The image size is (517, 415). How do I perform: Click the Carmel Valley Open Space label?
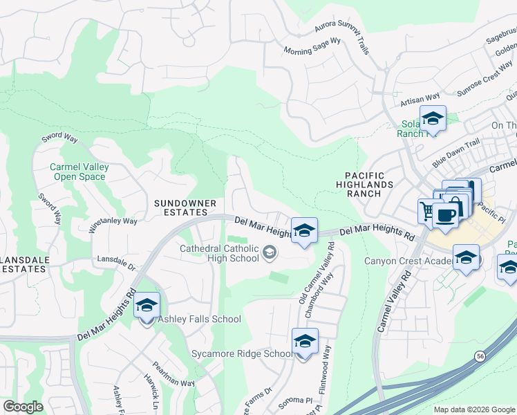tap(77, 172)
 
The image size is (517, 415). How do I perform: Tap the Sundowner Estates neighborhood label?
tap(185, 208)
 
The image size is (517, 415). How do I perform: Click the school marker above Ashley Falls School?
tap(147, 306)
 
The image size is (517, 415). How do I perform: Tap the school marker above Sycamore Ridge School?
tap(304, 342)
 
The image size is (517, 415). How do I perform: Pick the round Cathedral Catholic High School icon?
tap(267, 255)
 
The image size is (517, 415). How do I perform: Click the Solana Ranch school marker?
tap(433, 119)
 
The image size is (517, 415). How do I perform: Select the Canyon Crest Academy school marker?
tap(467, 259)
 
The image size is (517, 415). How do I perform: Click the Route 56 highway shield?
tap(480, 356)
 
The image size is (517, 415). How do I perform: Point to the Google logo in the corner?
tap(23, 407)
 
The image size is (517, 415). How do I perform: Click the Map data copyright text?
tap(473, 409)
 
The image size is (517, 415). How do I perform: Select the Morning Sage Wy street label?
tap(313, 46)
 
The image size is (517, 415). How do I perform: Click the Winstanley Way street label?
tap(113, 222)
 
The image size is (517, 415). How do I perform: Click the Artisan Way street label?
tap(420, 100)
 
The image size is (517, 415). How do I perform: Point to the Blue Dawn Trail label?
tap(455, 154)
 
